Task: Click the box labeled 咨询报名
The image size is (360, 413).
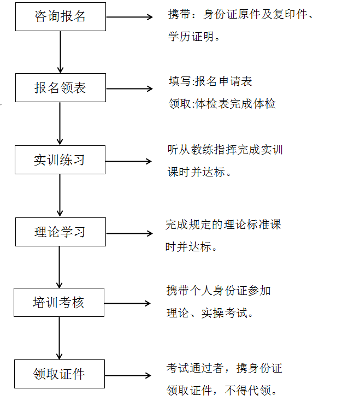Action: point(60,16)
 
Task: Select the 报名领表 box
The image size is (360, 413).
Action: point(60,88)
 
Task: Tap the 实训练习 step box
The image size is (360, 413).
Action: point(60,160)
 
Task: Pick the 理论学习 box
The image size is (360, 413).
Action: point(60,232)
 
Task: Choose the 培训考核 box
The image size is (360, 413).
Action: point(59,303)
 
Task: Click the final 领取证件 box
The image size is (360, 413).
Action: point(59,374)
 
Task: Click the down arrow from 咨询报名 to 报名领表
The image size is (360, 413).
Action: point(60,52)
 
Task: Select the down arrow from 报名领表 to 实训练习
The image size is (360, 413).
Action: point(60,123)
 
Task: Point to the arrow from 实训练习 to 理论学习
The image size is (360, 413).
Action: point(60,196)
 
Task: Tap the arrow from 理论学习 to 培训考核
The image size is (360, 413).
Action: point(60,267)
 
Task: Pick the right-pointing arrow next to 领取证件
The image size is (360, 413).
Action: point(128,375)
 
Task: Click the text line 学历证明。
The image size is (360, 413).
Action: point(194,37)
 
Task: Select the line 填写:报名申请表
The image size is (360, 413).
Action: point(210,81)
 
